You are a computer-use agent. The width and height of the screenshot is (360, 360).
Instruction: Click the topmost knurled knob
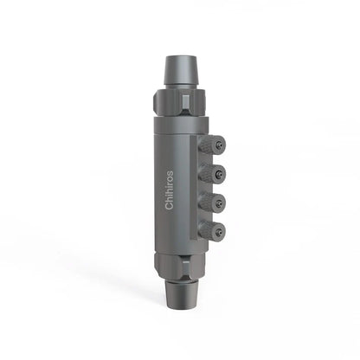click(x=212, y=145)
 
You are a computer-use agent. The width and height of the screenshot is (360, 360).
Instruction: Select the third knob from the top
click(x=212, y=202)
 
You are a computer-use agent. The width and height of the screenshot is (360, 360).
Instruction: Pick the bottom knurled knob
click(x=212, y=231)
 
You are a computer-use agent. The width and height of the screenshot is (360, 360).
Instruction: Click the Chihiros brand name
click(x=169, y=190)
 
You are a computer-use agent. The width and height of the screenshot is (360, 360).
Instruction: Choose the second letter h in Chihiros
click(x=169, y=191)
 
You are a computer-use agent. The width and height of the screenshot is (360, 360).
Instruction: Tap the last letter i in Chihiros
click(x=169, y=186)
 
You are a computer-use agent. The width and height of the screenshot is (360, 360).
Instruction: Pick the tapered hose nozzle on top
click(x=179, y=69)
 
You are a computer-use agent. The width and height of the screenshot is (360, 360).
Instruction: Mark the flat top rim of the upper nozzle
click(x=179, y=57)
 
